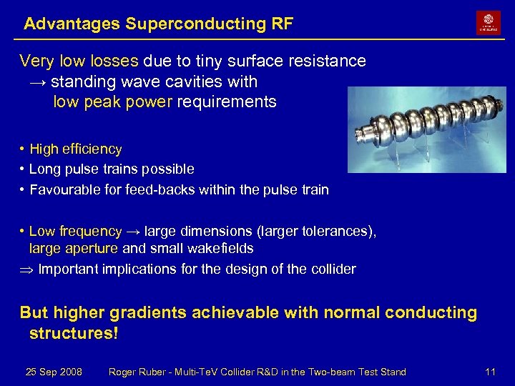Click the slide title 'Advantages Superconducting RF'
click(158, 24)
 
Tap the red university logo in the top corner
click(489, 23)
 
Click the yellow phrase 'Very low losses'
click(79, 61)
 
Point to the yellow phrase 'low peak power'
click(112, 102)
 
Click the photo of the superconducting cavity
click(426, 130)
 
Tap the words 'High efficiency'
click(76, 149)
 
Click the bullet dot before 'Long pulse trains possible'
click(23, 169)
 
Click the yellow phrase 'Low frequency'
click(75, 232)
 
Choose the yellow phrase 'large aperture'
click(74, 249)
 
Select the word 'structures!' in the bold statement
click(73, 334)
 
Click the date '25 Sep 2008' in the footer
click(54, 372)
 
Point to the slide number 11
click(490, 372)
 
